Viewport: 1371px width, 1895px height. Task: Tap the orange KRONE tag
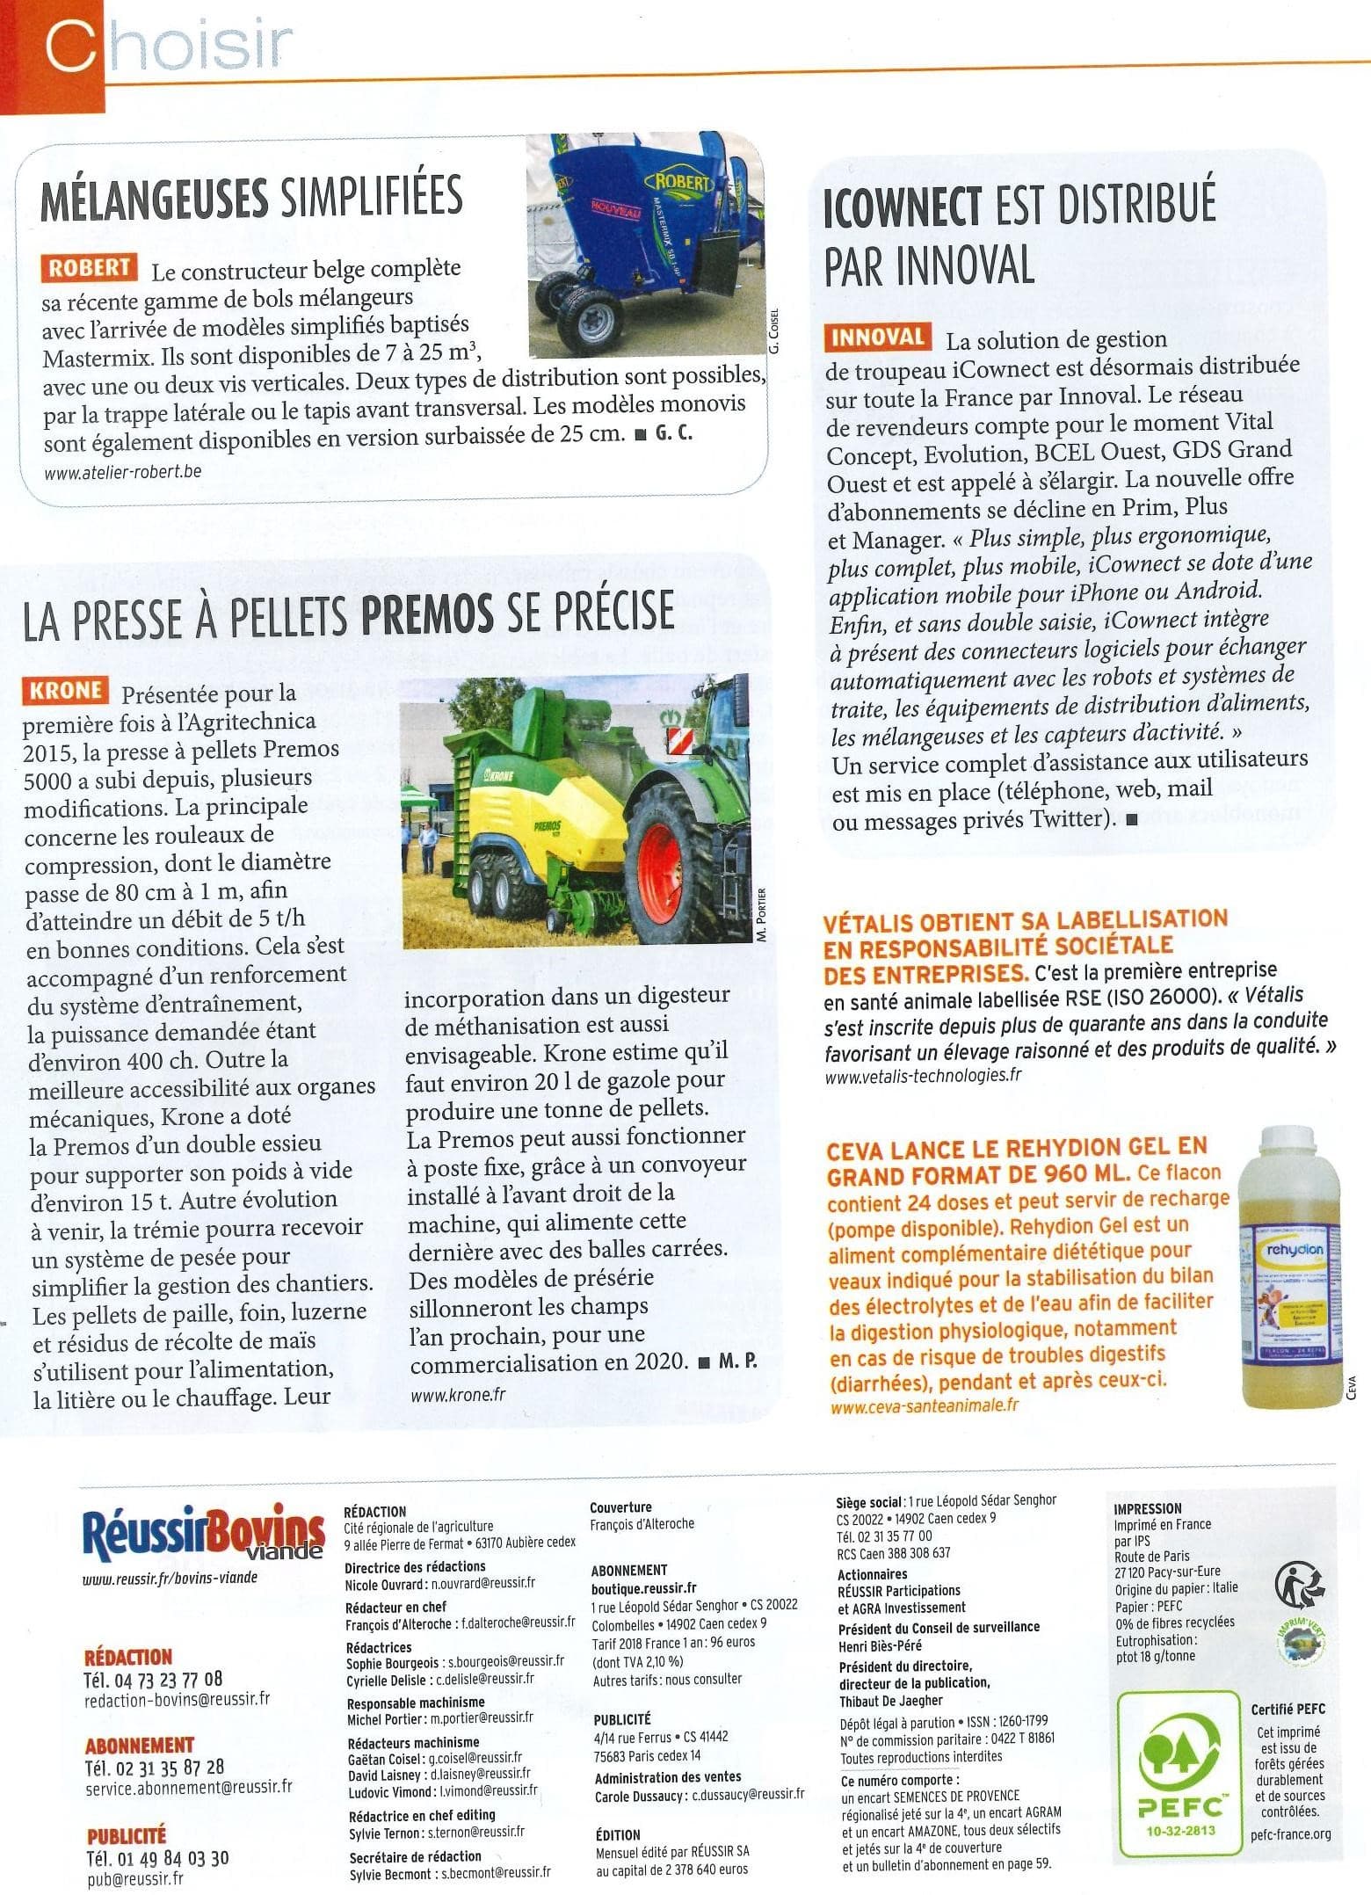(x=65, y=691)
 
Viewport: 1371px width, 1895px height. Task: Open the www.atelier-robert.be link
(x=122, y=471)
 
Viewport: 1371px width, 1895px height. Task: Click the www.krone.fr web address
(x=458, y=1394)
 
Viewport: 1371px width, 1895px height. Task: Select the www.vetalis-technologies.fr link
(x=923, y=1075)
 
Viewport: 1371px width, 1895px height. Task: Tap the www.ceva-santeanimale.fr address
(x=924, y=1405)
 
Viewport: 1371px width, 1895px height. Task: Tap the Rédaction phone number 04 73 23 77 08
(x=153, y=1680)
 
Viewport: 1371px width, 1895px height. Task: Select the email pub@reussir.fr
(x=135, y=1879)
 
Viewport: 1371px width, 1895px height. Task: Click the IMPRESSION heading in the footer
(x=1147, y=1508)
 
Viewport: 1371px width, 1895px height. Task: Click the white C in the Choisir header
(x=70, y=46)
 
